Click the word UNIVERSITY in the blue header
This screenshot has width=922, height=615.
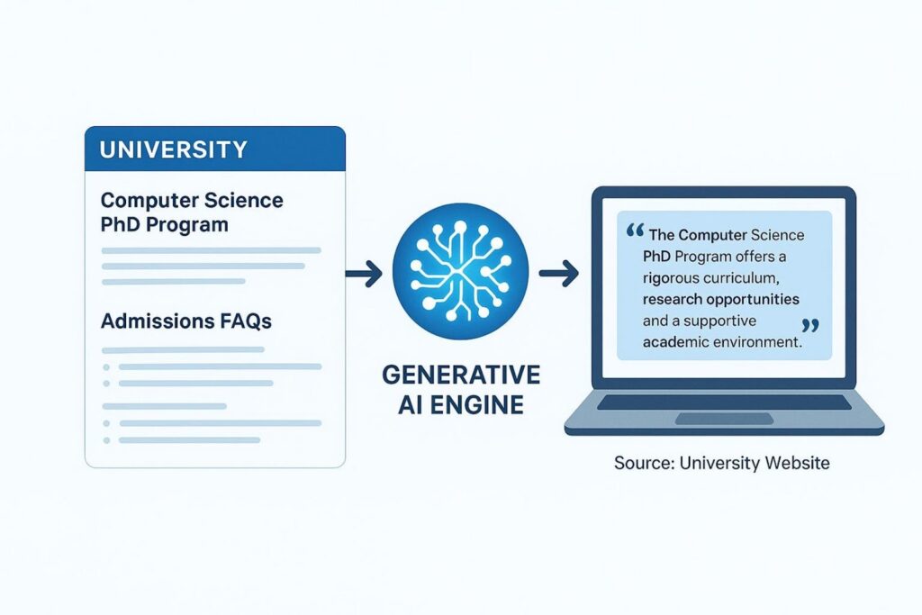click(174, 149)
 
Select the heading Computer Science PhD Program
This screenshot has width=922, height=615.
click(192, 213)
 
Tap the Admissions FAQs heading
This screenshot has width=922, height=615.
click(186, 321)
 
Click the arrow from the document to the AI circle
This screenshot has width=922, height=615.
click(364, 273)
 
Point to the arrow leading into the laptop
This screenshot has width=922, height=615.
click(559, 273)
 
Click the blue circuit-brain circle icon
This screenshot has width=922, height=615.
click(460, 272)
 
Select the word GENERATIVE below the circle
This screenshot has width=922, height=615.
click(461, 375)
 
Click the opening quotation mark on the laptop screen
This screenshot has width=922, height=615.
click(635, 230)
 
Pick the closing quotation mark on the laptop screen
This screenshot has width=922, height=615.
click(810, 326)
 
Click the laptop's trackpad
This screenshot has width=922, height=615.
click(725, 419)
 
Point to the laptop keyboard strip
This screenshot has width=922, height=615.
click(725, 402)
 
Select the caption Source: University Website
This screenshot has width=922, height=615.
click(722, 463)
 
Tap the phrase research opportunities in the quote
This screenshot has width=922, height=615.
click(721, 299)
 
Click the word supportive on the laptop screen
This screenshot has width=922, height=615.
click(719, 321)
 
